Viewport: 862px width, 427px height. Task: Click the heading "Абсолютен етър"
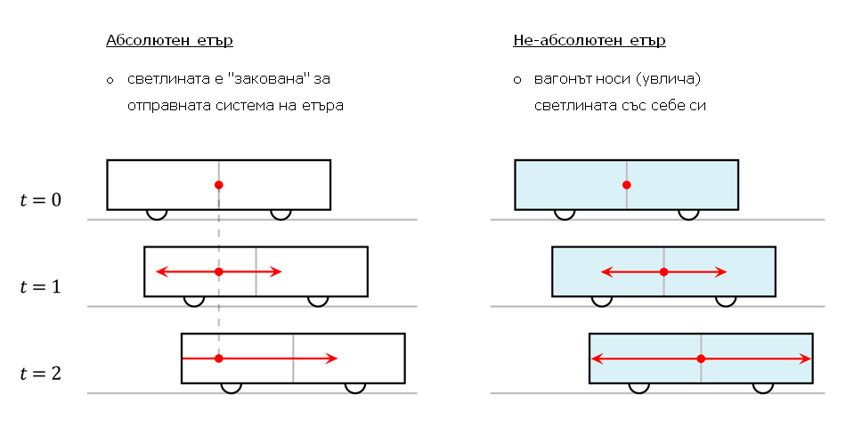tap(169, 41)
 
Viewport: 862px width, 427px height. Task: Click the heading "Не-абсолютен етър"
tap(589, 41)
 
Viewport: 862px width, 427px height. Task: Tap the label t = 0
tap(40, 200)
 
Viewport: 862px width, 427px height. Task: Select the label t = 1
tap(40, 286)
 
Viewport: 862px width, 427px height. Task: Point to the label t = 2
tap(40, 374)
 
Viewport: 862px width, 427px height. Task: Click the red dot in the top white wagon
tap(218, 185)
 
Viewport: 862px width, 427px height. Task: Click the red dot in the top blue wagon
tap(626, 185)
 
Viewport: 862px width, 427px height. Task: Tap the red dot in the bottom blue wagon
tap(701, 359)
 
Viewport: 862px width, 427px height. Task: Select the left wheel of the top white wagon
tap(157, 213)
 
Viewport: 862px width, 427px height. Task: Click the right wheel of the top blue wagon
tap(688, 213)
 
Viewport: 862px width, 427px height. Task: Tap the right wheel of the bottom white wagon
tap(355, 387)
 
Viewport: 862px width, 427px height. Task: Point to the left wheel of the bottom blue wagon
tap(638, 387)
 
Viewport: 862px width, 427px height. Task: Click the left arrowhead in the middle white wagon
tap(160, 271)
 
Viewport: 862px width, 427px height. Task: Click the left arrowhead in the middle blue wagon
tap(606, 271)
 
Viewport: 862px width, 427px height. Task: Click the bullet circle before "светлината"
tap(110, 81)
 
